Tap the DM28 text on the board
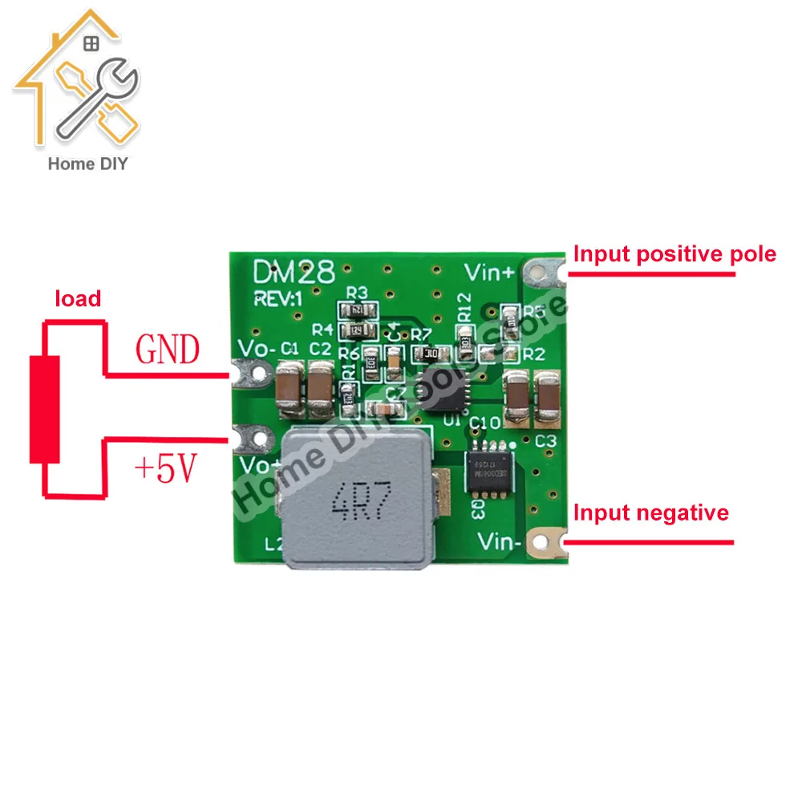pyautogui.click(x=294, y=271)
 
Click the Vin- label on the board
pyautogui.click(x=500, y=542)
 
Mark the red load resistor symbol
pyautogui.click(x=46, y=409)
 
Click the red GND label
pyautogui.click(x=168, y=349)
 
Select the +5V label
pyautogui.click(x=167, y=470)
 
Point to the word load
pyautogui.click(x=78, y=299)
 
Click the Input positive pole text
pyautogui.click(x=674, y=254)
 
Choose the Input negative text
pyautogui.click(x=651, y=512)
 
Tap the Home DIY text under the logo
pyautogui.click(x=88, y=164)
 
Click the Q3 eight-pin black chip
pyautogui.click(x=489, y=463)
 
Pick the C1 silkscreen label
pyautogui.click(x=290, y=348)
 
